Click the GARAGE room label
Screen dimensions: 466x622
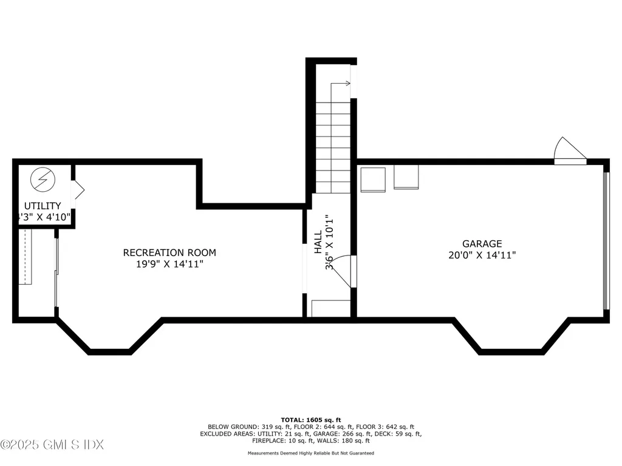[481, 244]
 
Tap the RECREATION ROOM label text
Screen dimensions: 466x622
[169, 252]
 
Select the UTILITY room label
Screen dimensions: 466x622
[43, 206]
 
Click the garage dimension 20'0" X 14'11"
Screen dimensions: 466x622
[482, 255]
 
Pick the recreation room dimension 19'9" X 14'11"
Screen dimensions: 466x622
[169, 264]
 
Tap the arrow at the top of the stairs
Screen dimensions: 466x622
[344, 84]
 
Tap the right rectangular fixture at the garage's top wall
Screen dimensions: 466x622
[406, 177]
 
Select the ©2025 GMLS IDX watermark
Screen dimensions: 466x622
[52, 445]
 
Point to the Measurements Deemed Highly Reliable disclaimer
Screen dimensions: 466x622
[310, 453]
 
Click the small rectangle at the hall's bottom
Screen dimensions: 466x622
[330, 308]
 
